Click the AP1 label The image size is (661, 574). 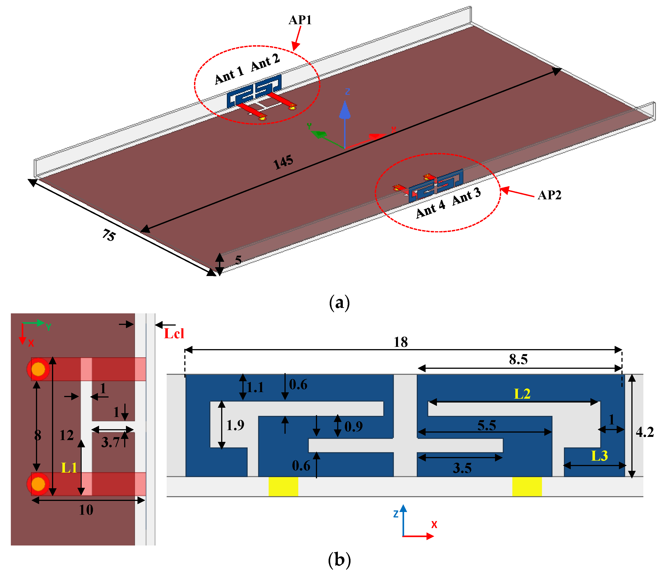(x=300, y=20)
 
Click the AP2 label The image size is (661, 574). (x=549, y=195)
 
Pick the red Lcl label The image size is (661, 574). (x=174, y=334)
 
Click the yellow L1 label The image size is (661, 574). (x=69, y=468)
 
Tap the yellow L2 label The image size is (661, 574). (x=522, y=394)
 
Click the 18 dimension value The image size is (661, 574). (x=400, y=342)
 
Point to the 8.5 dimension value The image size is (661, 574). (x=518, y=359)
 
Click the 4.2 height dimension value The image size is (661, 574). (x=644, y=432)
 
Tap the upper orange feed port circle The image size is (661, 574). (x=38, y=369)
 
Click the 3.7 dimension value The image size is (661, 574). (x=110, y=442)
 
